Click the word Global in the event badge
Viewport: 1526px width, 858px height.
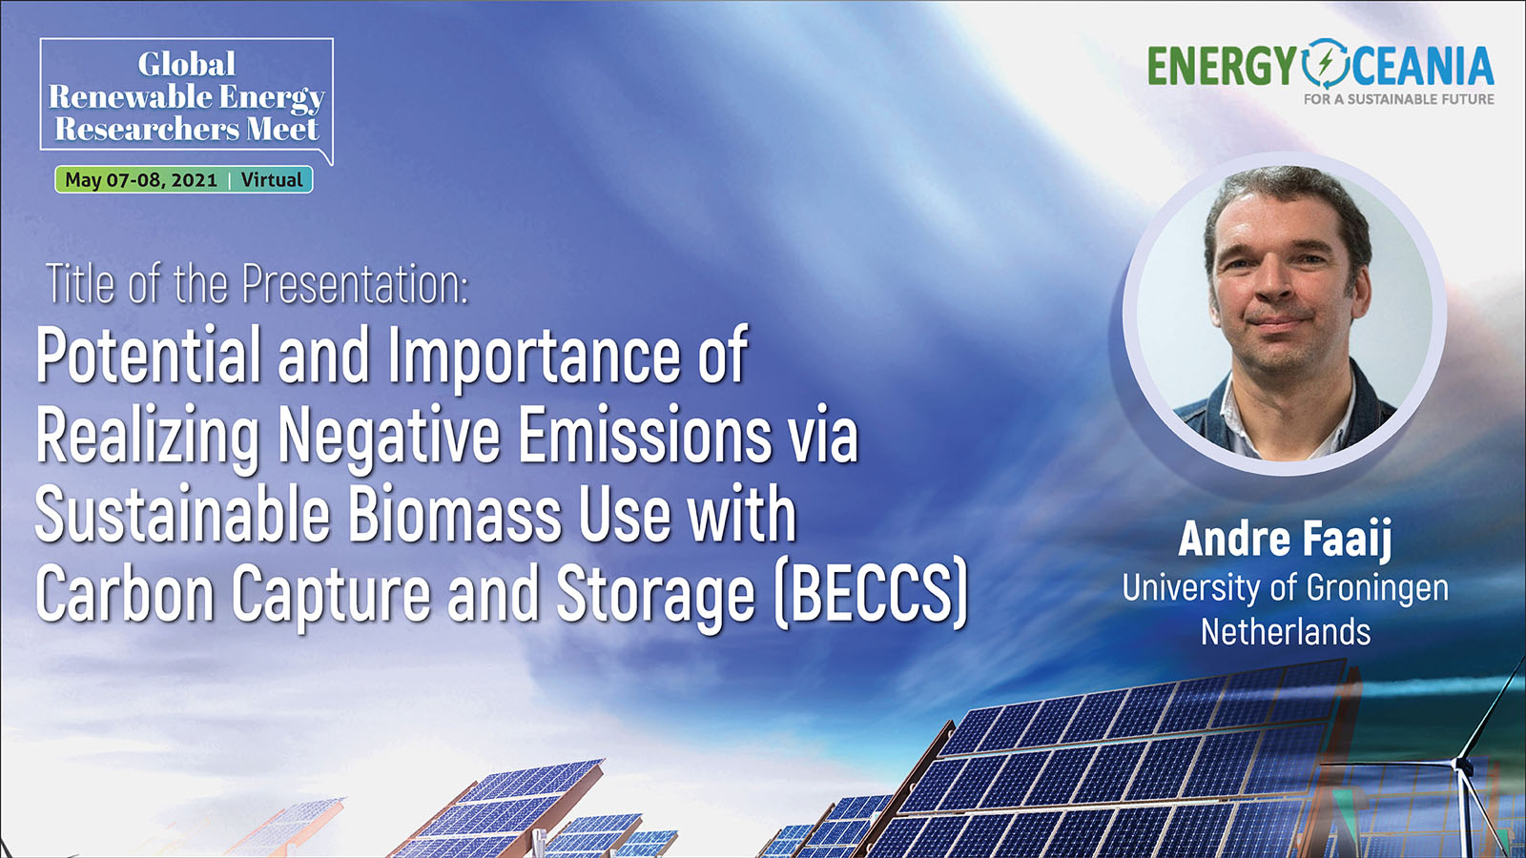pyautogui.click(x=187, y=64)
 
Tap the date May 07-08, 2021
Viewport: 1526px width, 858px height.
pyautogui.click(x=141, y=180)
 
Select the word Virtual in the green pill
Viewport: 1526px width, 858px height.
pyautogui.click(x=271, y=180)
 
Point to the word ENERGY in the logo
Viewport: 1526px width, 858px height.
pyautogui.click(x=1222, y=66)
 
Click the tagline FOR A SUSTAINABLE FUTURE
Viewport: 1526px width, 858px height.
pyautogui.click(x=1398, y=99)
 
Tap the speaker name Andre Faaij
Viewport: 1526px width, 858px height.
pyautogui.click(x=1285, y=540)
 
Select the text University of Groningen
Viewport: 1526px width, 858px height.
pyautogui.click(x=1285, y=588)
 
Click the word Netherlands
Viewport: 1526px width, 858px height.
pyautogui.click(x=1285, y=632)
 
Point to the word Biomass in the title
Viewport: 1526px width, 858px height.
pyautogui.click(x=455, y=513)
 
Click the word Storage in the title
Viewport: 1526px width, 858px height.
pyautogui.click(x=654, y=593)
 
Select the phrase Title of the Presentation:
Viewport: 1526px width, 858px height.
pyautogui.click(x=258, y=284)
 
